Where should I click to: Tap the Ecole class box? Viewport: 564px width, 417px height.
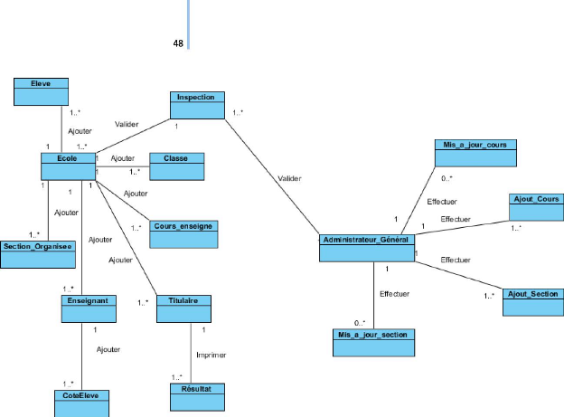tap(68, 165)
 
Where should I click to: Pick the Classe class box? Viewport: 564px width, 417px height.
tap(175, 164)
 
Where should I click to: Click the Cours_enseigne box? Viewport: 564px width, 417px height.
tap(183, 232)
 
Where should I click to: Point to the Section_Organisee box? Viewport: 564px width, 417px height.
tap(37, 253)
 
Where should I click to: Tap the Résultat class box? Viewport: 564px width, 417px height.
tap(196, 393)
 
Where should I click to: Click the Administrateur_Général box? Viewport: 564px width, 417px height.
tap(366, 247)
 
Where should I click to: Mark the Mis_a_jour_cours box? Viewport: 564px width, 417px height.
tap(475, 151)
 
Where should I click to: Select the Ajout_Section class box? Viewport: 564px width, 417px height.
tap(534, 299)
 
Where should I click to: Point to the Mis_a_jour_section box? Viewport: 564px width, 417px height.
tap(373, 341)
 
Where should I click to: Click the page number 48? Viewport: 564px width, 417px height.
tap(178, 42)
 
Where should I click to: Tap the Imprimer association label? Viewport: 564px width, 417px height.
tap(211, 355)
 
